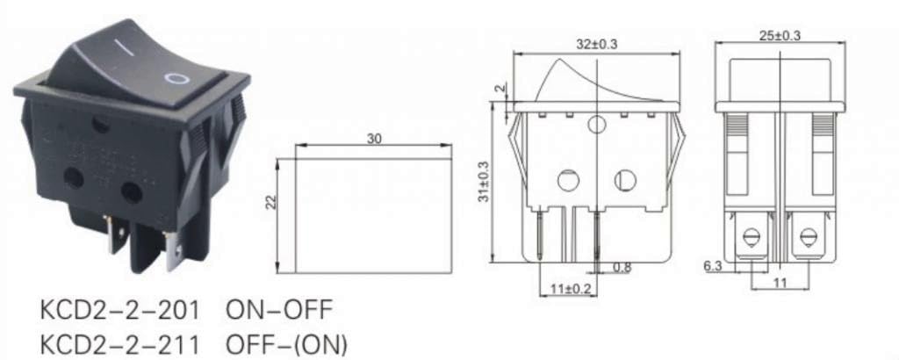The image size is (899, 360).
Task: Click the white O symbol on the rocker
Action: tap(177, 78)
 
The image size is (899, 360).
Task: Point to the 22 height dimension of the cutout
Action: tap(271, 202)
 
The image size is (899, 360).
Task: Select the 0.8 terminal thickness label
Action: tap(622, 267)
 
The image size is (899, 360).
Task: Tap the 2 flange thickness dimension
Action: tap(499, 89)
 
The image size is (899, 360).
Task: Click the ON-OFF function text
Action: tap(280, 312)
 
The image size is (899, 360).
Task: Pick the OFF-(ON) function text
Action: tap(287, 342)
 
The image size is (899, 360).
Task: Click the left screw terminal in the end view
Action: tap(752, 237)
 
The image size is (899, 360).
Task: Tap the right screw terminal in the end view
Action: tap(808, 237)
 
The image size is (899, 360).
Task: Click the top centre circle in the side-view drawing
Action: tap(597, 125)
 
